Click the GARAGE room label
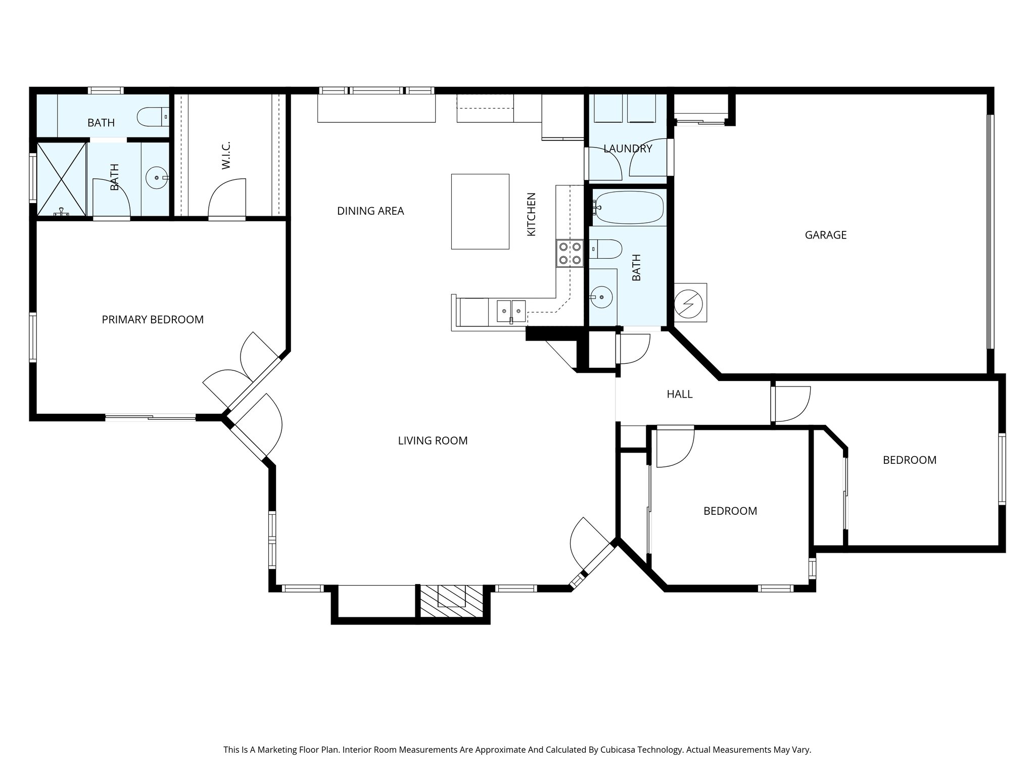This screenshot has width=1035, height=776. click(825, 235)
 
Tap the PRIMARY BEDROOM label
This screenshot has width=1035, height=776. click(153, 320)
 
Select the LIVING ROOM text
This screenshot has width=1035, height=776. click(433, 441)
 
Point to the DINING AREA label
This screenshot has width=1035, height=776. click(370, 211)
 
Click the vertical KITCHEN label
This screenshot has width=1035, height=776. click(531, 214)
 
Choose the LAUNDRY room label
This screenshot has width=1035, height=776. click(628, 149)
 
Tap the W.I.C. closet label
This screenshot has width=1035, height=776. click(226, 156)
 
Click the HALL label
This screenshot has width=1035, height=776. click(679, 394)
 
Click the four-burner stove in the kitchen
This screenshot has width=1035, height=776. click(570, 253)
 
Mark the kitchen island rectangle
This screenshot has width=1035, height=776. click(480, 211)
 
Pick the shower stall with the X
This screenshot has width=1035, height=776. click(62, 180)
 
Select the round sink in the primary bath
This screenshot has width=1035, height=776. click(157, 178)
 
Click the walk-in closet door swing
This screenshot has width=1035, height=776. click(227, 198)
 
